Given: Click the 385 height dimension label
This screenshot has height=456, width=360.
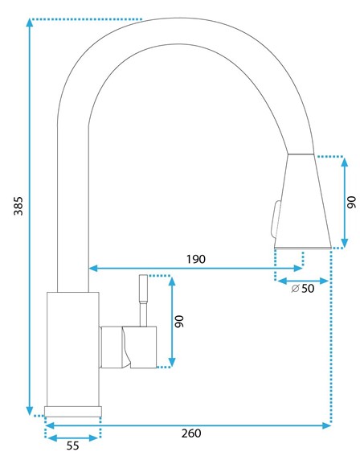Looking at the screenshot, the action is pyautogui.click(x=18, y=206).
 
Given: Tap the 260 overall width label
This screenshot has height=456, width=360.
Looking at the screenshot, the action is pyautogui.click(x=191, y=433).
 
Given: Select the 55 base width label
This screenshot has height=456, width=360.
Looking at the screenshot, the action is pyautogui.click(x=72, y=446).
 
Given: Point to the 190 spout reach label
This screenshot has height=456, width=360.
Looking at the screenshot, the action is pyautogui.click(x=196, y=259).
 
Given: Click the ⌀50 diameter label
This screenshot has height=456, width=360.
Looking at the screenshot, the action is pyautogui.click(x=303, y=289).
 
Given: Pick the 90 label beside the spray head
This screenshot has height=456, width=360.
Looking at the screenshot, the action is pyautogui.click(x=352, y=202).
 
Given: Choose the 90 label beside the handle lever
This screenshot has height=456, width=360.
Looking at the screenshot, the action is pyautogui.click(x=179, y=321).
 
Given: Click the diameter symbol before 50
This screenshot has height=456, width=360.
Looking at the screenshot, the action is pyautogui.click(x=295, y=289).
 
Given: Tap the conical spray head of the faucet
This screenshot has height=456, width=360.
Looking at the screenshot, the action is pyautogui.click(x=303, y=202).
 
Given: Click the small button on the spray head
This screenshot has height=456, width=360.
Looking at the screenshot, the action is pyautogui.click(x=275, y=219).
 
